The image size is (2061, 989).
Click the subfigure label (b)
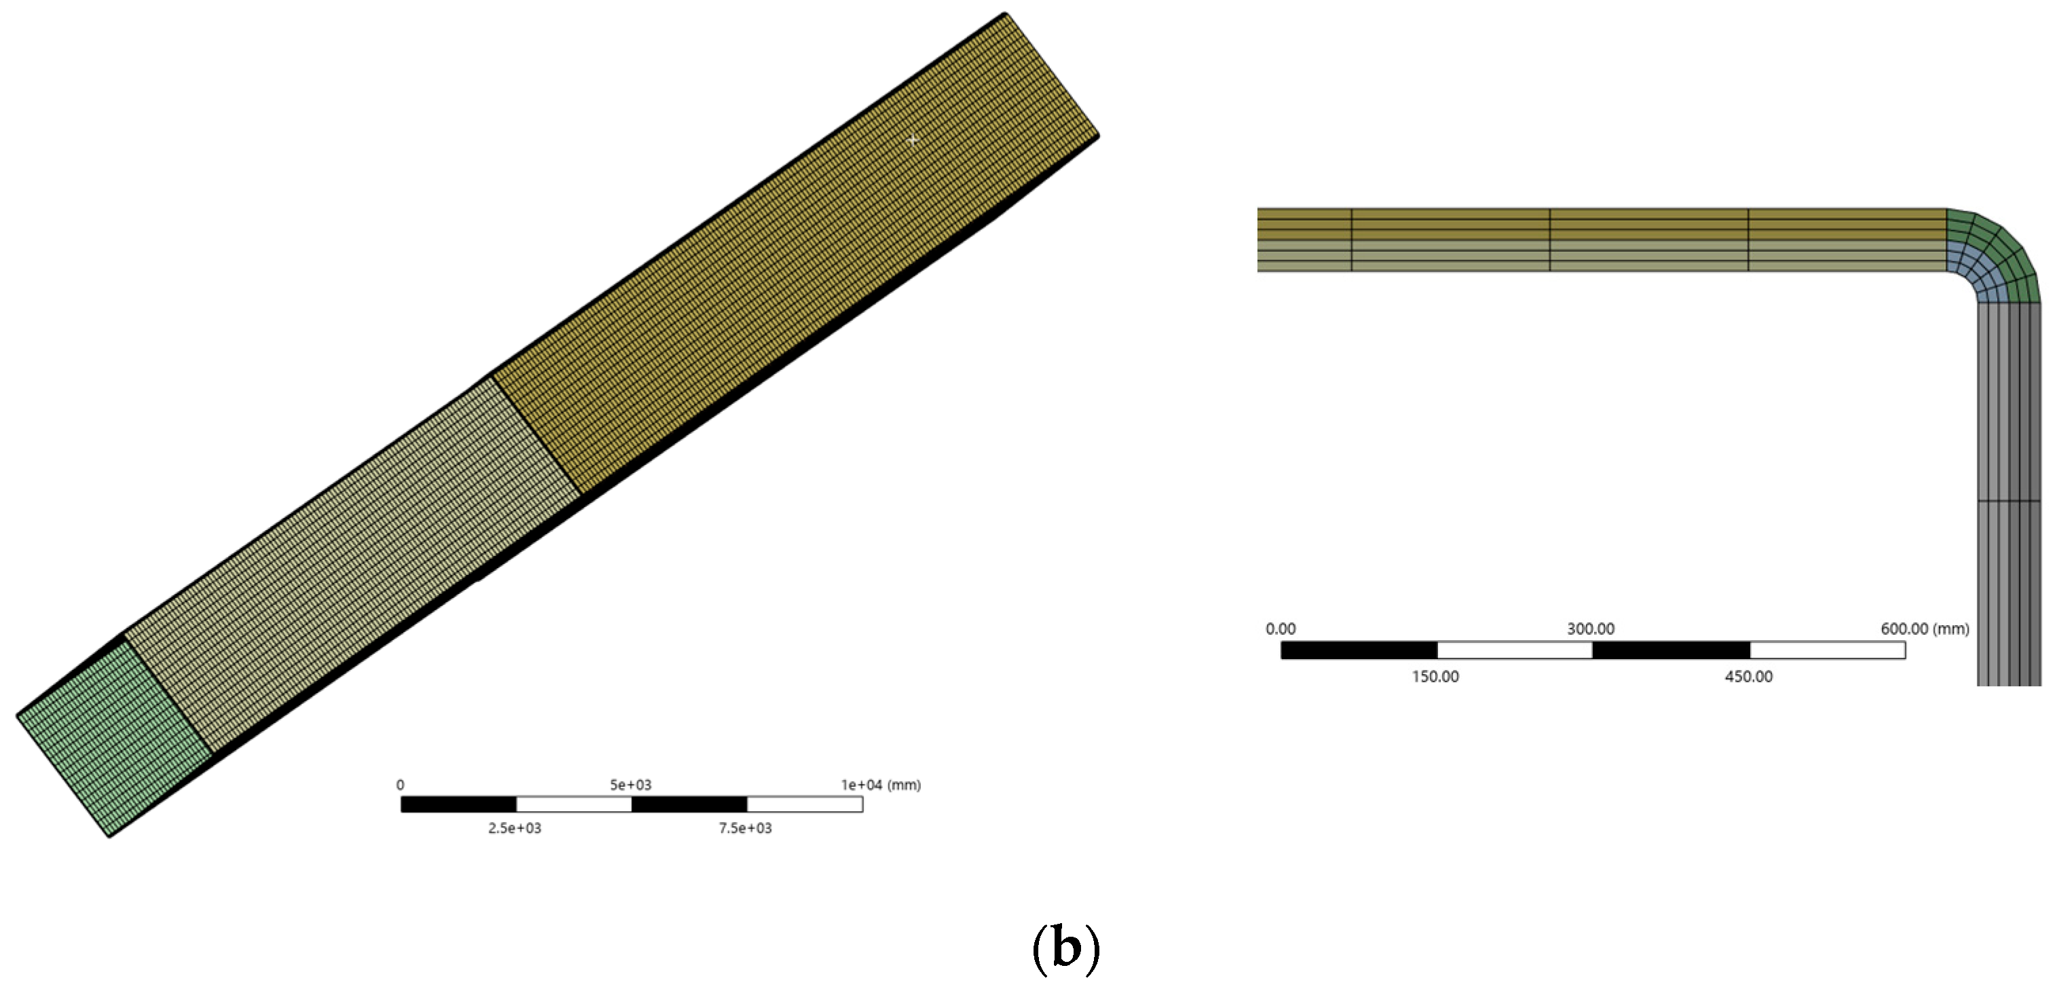pos(1065,949)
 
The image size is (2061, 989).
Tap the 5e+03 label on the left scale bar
pos(630,785)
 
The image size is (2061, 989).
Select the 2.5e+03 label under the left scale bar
pos(514,828)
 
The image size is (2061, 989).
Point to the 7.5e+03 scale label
pos(745,828)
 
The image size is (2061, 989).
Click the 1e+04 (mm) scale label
pos(880,785)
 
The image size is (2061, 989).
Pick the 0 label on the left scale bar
pos(400,785)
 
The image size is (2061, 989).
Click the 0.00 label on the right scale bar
pos(1280,629)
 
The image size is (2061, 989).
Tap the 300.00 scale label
pos(1591,629)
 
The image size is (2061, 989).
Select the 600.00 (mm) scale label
pos(1924,629)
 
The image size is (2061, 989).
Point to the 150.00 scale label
pos(1435,677)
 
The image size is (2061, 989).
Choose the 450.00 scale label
pos(1748,677)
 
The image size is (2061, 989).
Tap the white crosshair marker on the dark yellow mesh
pos(912,140)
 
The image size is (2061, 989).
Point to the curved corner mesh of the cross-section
pos(1997,256)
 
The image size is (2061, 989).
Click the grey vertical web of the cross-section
pos(2008,496)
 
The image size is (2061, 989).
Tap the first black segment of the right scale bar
pos(1359,650)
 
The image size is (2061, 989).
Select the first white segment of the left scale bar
pos(573,804)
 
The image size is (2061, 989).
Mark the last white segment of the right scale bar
pos(1828,650)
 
